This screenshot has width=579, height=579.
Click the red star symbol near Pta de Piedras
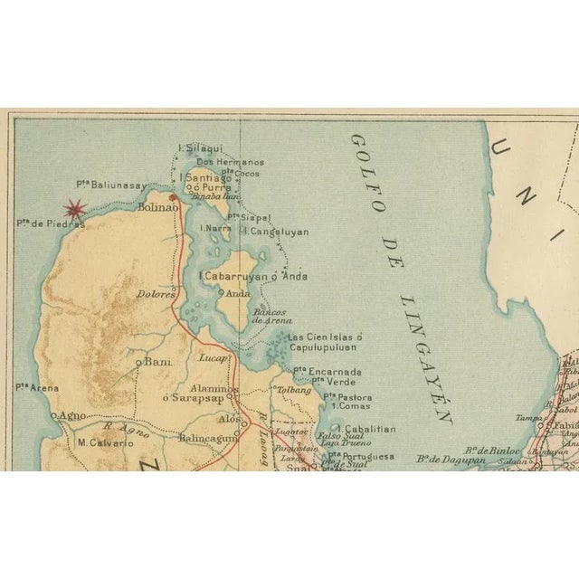73,209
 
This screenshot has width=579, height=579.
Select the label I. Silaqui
201,147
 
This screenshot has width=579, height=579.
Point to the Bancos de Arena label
271,316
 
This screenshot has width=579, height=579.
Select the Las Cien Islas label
325,337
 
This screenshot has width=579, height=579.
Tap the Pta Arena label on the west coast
37,388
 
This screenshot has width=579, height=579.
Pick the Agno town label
72,415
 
